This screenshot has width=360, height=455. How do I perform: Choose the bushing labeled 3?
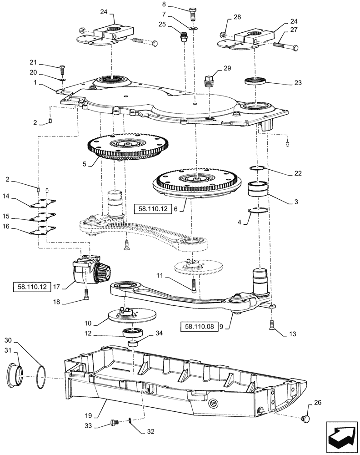click(258, 188)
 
